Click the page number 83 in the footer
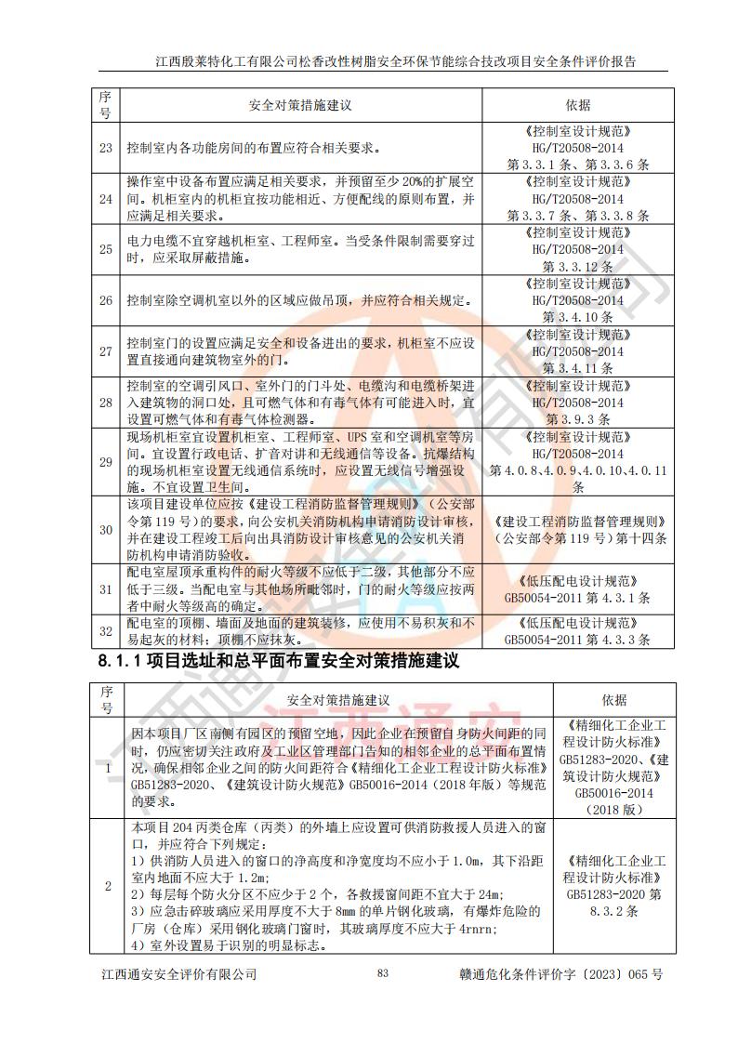coord(382,973)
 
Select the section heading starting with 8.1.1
coord(279,662)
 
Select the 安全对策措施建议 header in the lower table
coord(338,699)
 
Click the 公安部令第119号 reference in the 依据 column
coord(577,537)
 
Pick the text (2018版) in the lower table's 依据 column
coord(613,810)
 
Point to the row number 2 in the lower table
coord(107,886)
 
